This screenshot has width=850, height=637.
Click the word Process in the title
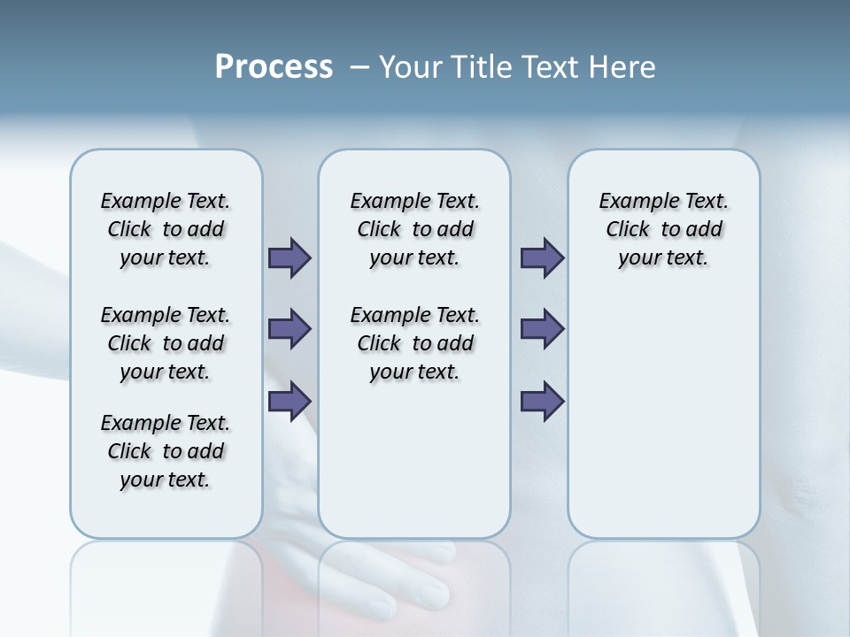point(274,67)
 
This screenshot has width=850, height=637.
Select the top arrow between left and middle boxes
point(290,257)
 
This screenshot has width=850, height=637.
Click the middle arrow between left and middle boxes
point(290,329)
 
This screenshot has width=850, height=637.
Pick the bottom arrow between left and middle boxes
point(290,402)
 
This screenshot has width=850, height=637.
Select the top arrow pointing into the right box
point(542,257)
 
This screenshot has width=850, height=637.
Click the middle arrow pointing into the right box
point(542,329)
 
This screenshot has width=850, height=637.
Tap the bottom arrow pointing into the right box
point(542,402)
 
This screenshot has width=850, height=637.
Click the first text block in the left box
point(166,229)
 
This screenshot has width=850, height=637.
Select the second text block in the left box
point(166,343)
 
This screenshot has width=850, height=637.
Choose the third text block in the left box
point(166,451)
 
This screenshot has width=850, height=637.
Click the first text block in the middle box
point(414,229)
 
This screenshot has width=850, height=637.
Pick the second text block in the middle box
point(414,343)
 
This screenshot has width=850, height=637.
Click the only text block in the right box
point(663,229)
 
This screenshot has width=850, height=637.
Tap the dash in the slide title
point(359,67)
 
